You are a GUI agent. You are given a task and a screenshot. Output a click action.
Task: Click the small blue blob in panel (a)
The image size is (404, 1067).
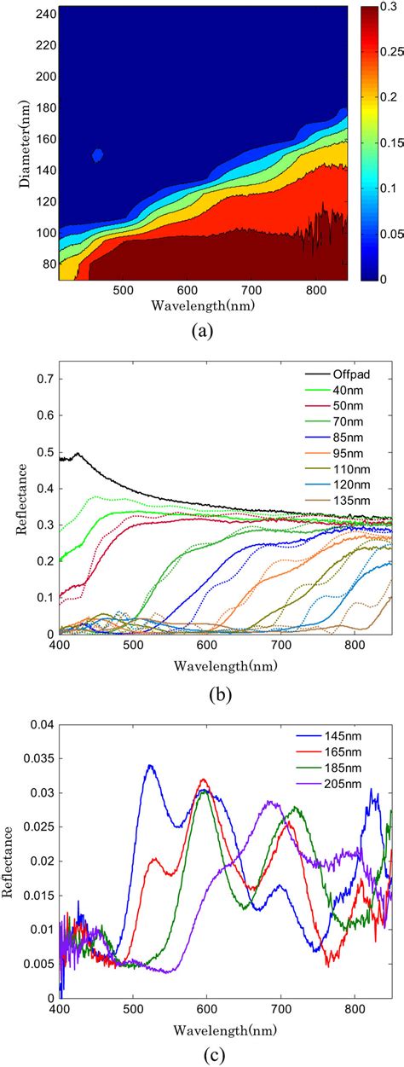(x=98, y=154)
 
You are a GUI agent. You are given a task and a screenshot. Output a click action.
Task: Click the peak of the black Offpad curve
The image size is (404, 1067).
(x=78, y=455)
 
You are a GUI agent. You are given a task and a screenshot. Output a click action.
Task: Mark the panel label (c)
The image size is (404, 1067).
(x=203, y=1055)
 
